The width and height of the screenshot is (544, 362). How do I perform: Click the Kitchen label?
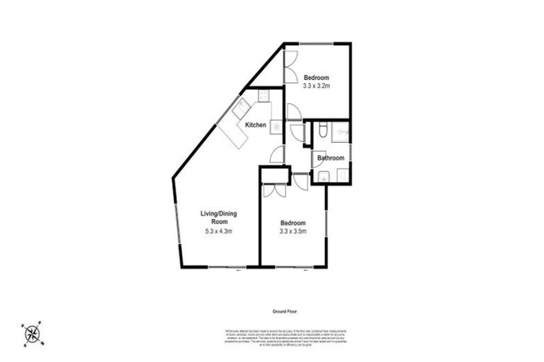[256, 125]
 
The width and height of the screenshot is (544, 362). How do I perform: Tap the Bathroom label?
[331, 158]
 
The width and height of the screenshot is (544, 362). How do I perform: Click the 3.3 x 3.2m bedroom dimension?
[317, 86]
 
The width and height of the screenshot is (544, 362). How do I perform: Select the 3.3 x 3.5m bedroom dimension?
[293, 230]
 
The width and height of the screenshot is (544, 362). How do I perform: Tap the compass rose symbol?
[32, 333]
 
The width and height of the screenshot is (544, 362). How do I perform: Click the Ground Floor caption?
[287, 311]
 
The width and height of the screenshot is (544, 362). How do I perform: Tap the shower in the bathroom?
[342, 131]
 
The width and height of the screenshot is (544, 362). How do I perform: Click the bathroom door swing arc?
[317, 160]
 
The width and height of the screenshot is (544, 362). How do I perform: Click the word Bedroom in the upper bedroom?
[317, 78]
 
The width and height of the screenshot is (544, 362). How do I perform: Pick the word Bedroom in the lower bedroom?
[293, 222]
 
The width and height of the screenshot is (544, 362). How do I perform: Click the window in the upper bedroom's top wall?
[316, 44]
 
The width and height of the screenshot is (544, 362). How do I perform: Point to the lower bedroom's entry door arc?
[300, 181]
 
